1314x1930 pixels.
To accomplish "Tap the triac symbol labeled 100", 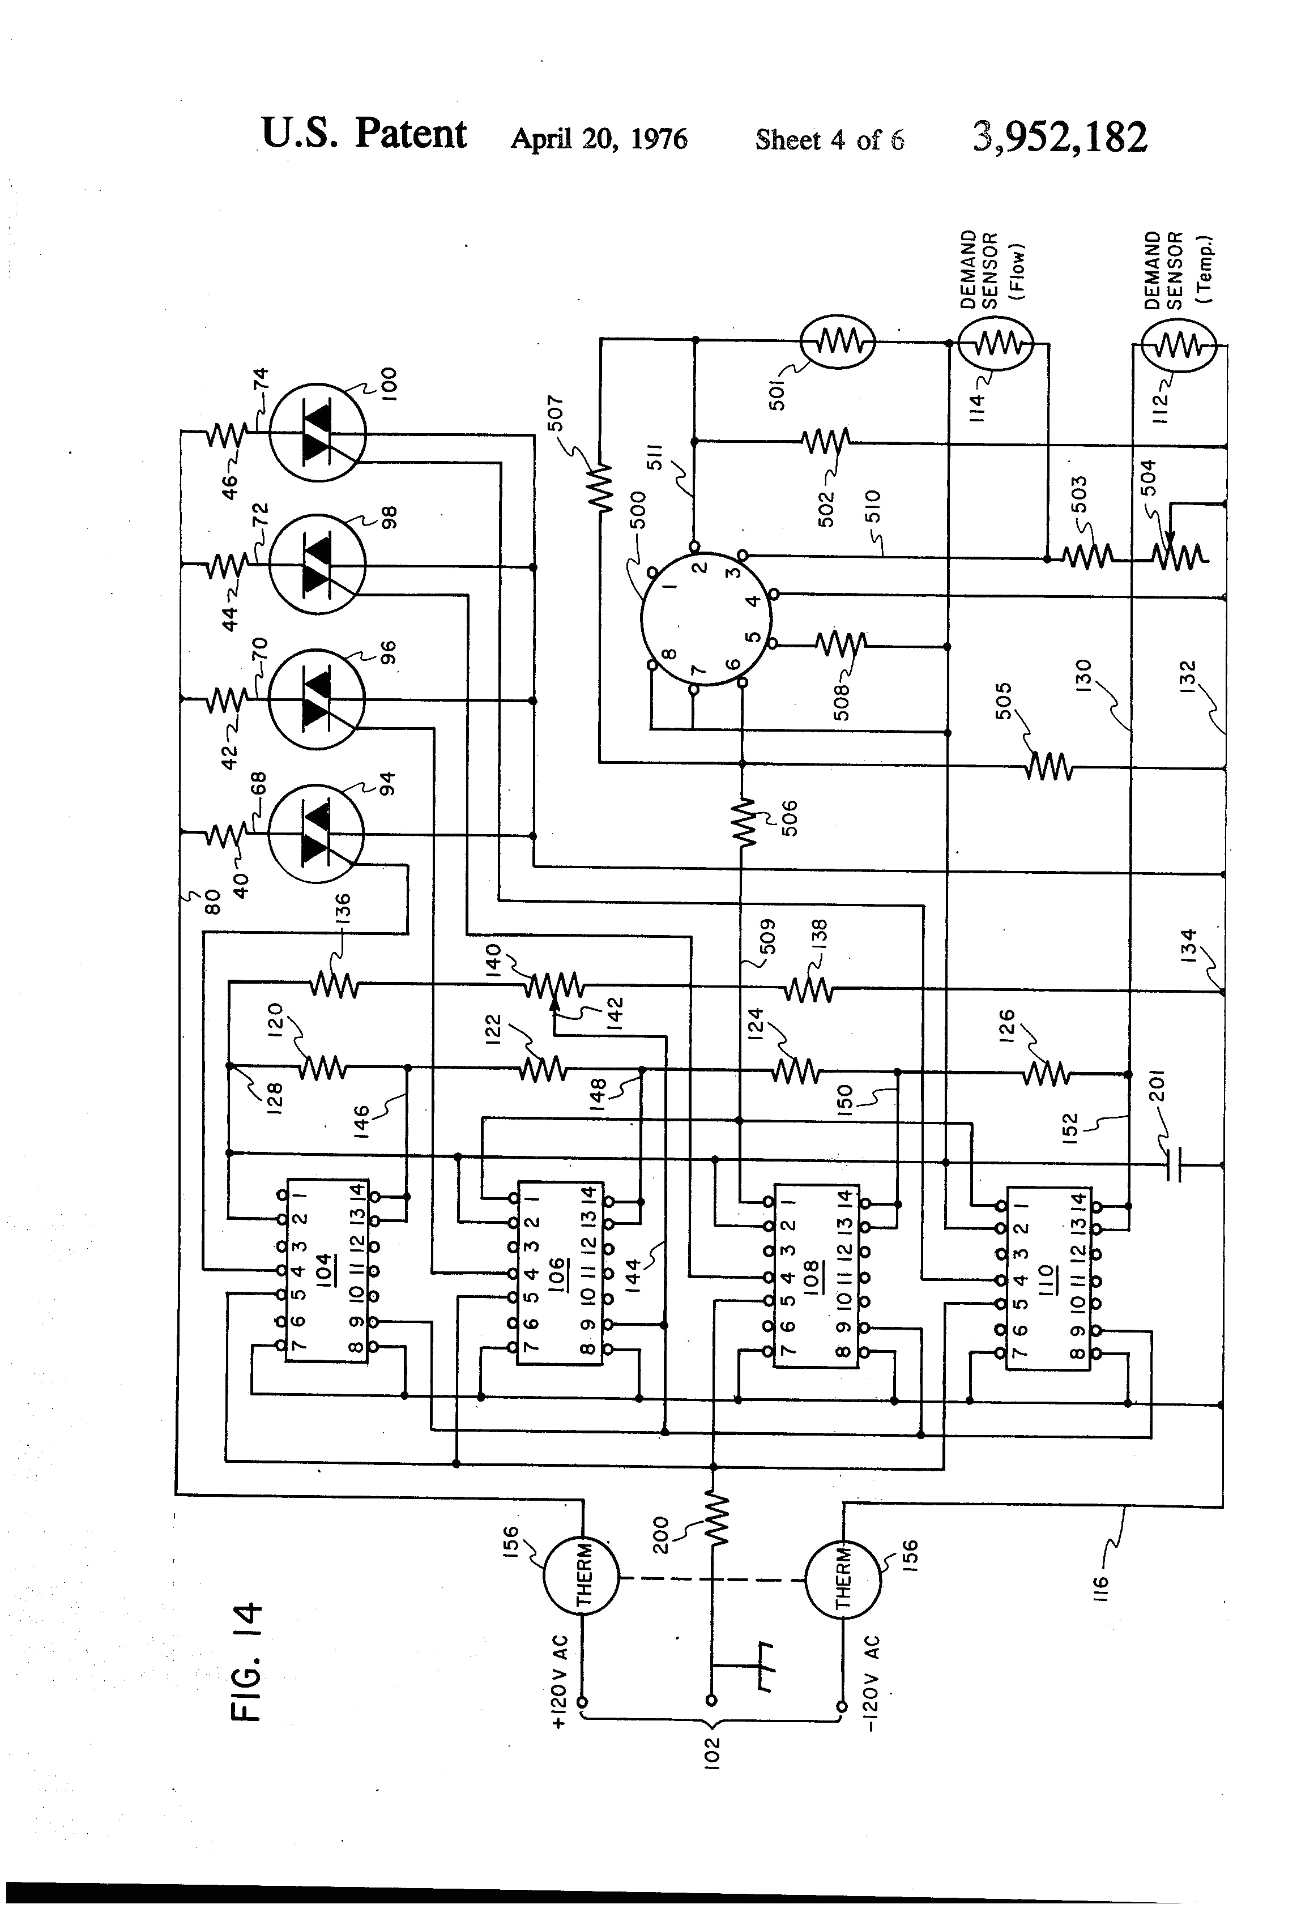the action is (x=317, y=433).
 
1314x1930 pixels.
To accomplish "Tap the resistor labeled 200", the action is (x=716, y=1519).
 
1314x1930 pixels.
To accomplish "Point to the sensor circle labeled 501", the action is (x=837, y=340).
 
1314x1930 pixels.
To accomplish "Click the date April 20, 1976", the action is (x=599, y=139).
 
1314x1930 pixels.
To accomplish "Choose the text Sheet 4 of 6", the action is (x=830, y=139).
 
